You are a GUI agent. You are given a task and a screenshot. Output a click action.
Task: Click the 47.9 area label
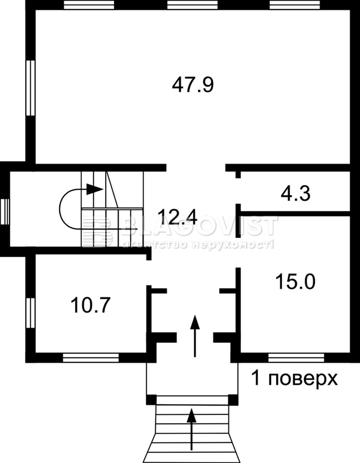click(193, 85)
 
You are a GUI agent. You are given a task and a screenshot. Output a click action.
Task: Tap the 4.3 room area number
click(296, 194)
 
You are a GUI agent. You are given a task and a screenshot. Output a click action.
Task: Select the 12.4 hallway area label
click(179, 217)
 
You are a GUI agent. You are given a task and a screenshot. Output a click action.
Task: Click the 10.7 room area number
click(91, 305)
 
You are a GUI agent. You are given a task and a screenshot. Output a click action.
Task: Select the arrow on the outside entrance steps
click(192, 431)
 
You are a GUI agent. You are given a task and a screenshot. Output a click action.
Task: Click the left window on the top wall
click(89, 5)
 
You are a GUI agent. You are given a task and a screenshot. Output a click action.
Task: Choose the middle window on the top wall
click(192, 5)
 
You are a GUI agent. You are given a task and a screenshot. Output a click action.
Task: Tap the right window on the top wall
click(295, 5)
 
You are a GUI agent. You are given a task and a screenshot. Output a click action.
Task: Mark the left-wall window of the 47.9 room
click(30, 88)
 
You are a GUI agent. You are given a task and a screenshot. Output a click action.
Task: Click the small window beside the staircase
click(5, 211)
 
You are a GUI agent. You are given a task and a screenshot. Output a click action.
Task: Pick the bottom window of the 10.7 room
click(91, 358)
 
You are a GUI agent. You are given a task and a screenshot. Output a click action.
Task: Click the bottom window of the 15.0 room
click(296, 358)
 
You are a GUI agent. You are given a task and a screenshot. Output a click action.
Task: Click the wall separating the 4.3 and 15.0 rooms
click(296, 213)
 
